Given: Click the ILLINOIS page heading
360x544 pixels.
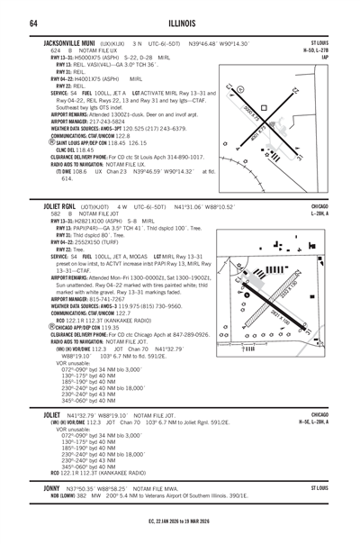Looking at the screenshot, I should click(180, 22).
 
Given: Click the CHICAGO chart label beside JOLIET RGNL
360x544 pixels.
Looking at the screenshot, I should click(322, 231).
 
